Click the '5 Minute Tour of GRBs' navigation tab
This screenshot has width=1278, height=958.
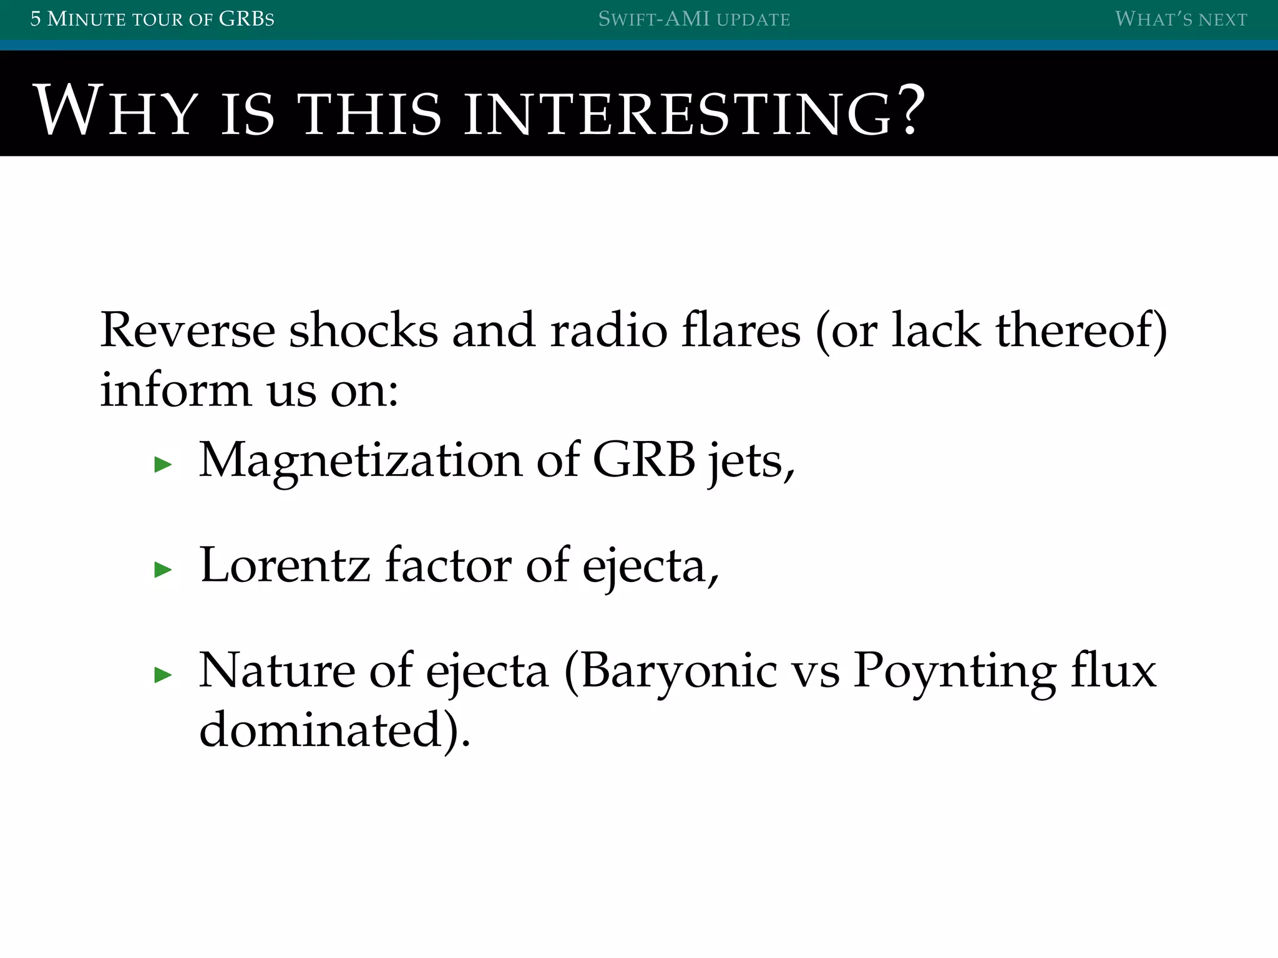[x=152, y=19]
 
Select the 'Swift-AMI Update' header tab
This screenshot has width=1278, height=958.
[x=694, y=19]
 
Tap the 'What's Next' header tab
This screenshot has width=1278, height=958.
[x=1181, y=19]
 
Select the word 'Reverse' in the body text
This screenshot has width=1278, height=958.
[x=187, y=331]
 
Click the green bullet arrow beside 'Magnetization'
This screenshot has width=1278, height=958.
[x=163, y=464]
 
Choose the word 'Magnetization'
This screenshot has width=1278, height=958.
[x=361, y=462]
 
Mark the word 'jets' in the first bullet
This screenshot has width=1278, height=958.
[x=746, y=462]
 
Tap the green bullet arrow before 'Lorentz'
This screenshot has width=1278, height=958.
[x=163, y=569]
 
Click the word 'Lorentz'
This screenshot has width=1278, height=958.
[x=285, y=566]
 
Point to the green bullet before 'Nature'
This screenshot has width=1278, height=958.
[x=163, y=675]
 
